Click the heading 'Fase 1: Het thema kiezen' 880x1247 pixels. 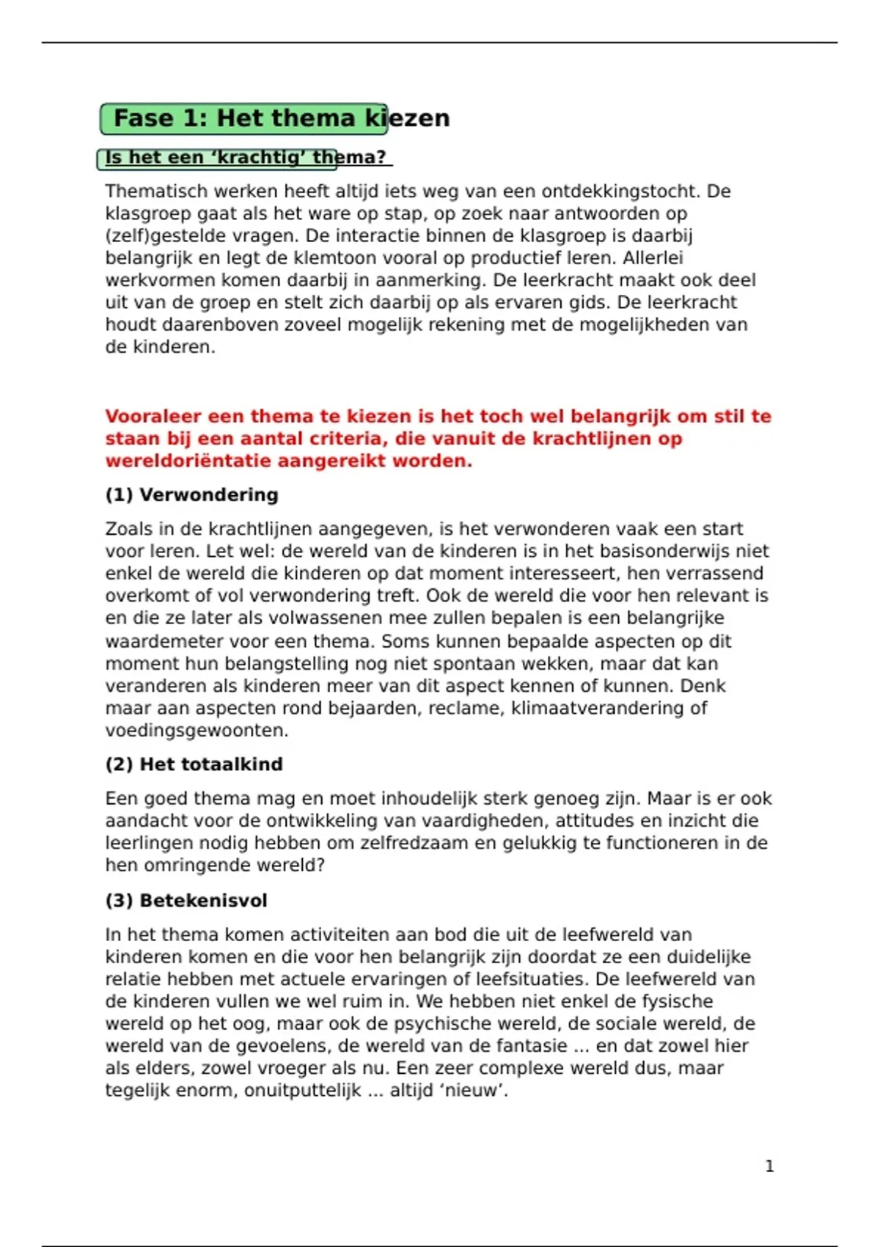[x=282, y=118]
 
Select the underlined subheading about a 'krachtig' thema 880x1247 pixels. [x=245, y=157]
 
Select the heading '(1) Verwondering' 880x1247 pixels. [x=191, y=495]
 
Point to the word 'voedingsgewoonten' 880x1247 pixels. [x=195, y=731]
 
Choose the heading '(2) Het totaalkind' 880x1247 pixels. [x=194, y=764]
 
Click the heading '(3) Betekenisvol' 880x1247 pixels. [x=186, y=901]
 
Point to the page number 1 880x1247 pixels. [x=769, y=1166]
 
